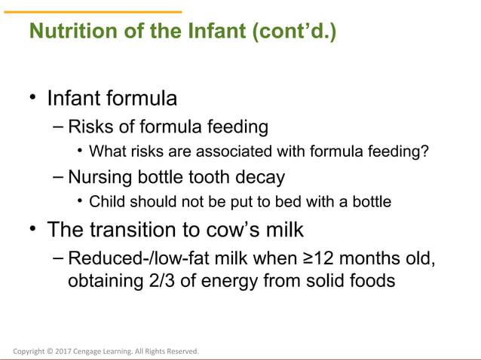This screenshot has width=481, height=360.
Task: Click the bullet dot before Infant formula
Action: [32, 99]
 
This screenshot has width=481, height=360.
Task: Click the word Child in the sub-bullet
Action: [107, 202]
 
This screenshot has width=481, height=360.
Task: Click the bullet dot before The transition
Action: [32, 228]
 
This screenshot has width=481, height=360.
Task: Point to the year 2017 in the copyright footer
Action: [63, 351]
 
